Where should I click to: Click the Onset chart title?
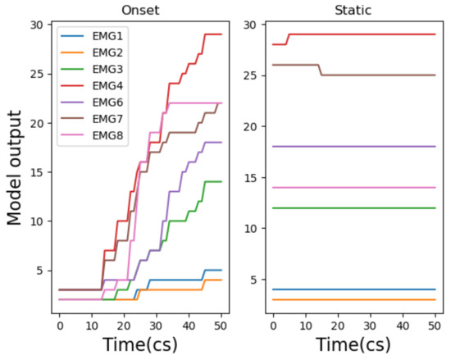pos(140,11)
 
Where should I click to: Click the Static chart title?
pos(353,11)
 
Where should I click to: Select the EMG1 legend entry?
pos(92,36)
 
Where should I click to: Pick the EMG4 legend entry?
pos(92,85)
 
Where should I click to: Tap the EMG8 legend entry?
pos(92,135)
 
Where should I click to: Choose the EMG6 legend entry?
pos(92,103)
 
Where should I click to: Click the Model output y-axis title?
pos(15,168)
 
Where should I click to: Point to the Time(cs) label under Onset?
pos(140,344)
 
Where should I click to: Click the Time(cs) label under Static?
pos(353,344)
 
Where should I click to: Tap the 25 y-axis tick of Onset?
pos(38,74)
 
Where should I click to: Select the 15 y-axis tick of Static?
pos(251,177)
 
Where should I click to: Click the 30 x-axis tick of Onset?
pos(157,326)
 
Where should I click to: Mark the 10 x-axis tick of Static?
pos(306,326)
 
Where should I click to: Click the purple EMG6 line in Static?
pos(354,147)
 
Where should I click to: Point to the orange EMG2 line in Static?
pos(354,299)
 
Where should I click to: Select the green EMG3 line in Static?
pos(354,208)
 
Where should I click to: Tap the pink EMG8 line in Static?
pos(354,188)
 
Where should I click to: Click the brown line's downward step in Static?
pos(320,70)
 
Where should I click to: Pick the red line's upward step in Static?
pos(287,39)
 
